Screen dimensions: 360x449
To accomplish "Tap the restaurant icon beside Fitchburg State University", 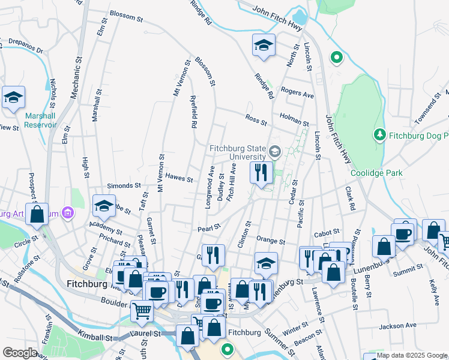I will pyautogui.click(x=261, y=172).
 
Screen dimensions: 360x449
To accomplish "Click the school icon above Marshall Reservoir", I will pyautogui.click(x=13, y=98).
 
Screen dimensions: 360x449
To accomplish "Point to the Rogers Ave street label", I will pyautogui.click(x=298, y=94).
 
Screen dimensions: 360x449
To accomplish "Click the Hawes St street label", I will pyautogui.click(x=179, y=179).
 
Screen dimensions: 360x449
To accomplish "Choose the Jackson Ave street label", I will pyautogui.click(x=397, y=326).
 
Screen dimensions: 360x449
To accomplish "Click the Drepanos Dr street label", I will pyautogui.click(x=22, y=47).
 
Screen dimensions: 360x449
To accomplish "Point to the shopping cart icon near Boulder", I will pyautogui.click(x=142, y=310).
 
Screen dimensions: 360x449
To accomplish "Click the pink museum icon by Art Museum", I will pyautogui.click(x=67, y=212).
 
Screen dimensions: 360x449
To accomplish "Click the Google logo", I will pyautogui.click(x=20, y=353).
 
